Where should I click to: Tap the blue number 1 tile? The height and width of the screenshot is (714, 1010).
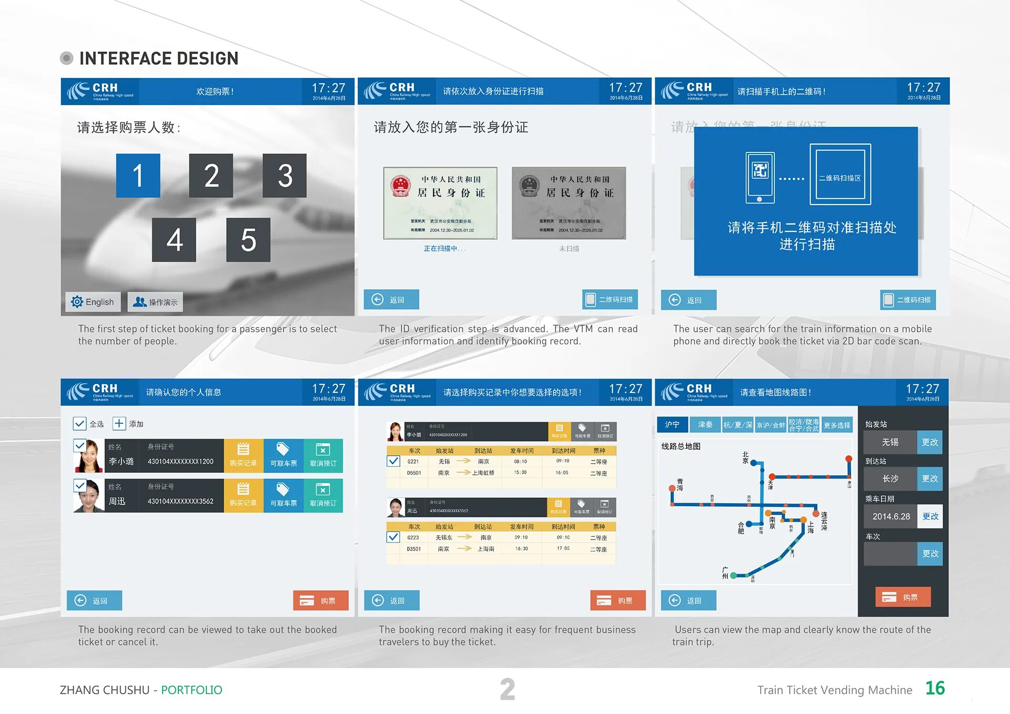[138, 176]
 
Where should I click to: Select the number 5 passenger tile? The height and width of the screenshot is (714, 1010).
[248, 240]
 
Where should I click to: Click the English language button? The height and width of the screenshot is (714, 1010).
[93, 302]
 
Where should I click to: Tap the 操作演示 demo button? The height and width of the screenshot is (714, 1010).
[155, 302]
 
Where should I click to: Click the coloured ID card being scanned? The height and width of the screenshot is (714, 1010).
[440, 203]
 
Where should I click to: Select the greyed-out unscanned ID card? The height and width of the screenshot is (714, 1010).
[569, 203]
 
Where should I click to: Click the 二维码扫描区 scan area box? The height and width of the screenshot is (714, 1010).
[840, 174]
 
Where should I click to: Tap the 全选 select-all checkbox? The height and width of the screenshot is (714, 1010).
[79, 424]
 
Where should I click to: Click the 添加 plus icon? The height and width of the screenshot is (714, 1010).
[119, 424]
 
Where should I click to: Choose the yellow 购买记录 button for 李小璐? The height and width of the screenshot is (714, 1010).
[243, 455]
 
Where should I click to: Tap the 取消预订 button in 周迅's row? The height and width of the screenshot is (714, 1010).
[323, 495]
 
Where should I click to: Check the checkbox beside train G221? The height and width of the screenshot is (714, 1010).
[393, 461]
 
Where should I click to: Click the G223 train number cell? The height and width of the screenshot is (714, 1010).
[413, 537]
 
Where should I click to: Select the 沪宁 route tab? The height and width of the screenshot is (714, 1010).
[672, 424]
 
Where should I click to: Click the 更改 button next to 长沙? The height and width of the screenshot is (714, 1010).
[930, 478]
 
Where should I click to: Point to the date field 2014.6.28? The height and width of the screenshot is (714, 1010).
[891, 516]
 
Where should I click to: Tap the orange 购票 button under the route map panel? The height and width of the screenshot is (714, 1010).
[903, 597]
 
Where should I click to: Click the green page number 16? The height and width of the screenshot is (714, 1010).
[935, 688]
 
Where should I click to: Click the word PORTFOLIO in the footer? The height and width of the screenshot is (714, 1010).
[191, 690]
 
